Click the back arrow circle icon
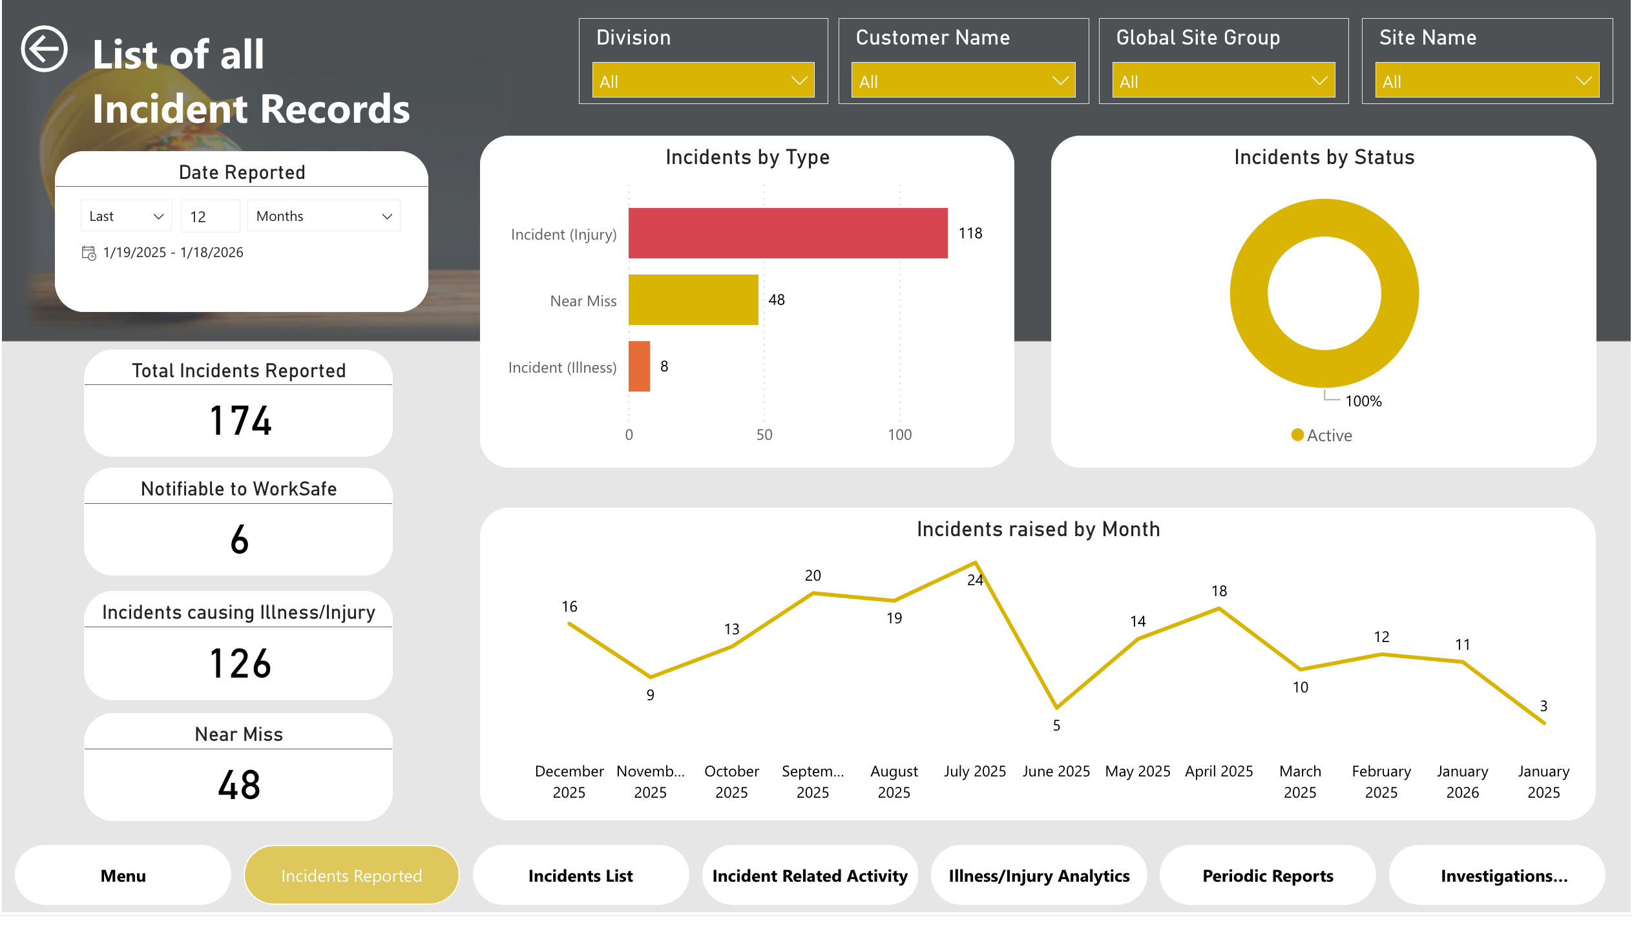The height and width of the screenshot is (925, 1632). point(44,48)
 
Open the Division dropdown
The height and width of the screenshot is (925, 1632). point(703,81)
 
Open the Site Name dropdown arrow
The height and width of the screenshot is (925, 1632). point(1583,81)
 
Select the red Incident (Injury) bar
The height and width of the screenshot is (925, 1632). point(787,233)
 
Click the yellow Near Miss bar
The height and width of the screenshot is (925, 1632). point(693,300)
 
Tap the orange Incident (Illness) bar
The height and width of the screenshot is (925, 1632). point(639,366)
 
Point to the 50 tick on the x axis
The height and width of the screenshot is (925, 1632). point(764,435)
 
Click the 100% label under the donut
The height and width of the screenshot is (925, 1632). point(1363,401)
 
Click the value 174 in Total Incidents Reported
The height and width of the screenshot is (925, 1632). point(240,421)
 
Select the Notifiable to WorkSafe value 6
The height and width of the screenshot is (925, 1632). point(239,539)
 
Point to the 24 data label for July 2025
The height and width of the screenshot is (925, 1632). point(974,580)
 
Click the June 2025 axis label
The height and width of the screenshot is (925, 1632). point(1056,771)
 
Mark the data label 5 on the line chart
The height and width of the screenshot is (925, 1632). point(1056,725)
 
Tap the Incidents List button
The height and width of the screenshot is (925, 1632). point(580,876)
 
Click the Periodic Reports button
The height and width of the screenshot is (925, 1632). point(1267,876)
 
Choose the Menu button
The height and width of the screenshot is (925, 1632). point(123,876)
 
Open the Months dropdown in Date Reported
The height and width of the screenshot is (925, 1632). point(324,216)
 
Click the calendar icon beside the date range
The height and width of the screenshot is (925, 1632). point(89,253)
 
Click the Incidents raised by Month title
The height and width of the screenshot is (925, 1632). point(1038,529)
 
